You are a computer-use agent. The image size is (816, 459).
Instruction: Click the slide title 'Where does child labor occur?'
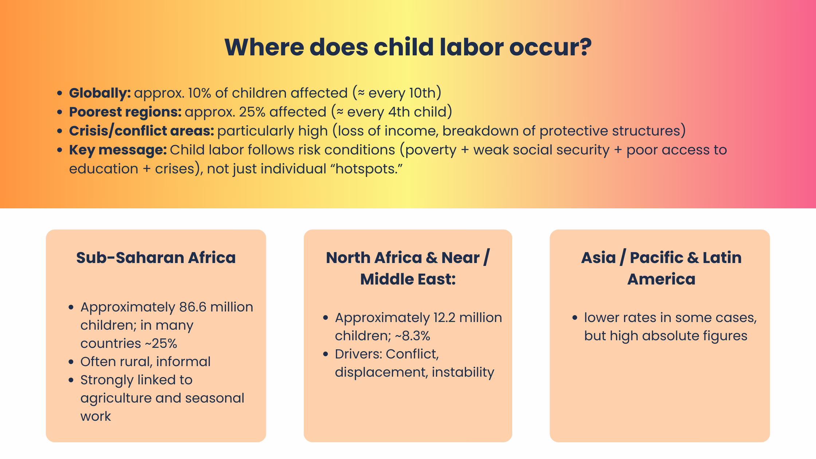[408, 47]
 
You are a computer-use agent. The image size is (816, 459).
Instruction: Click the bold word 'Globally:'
[100, 93]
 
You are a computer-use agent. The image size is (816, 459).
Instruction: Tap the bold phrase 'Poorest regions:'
[125, 112]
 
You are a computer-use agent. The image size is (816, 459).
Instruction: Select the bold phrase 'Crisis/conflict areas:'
[141, 131]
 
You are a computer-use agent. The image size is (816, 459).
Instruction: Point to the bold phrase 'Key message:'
[118, 150]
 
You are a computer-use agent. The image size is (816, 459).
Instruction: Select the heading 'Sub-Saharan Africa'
[156, 258]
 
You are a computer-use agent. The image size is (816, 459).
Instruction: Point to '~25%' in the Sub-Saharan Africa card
[161, 344]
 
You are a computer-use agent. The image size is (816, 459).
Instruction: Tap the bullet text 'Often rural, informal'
[145, 362]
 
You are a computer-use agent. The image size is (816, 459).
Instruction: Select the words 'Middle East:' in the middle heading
[408, 279]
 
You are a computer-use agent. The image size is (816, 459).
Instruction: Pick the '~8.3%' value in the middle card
[412, 336]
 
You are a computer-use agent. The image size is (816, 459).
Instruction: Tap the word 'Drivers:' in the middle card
[358, 354]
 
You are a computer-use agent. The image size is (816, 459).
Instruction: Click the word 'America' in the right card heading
[661, 279]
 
